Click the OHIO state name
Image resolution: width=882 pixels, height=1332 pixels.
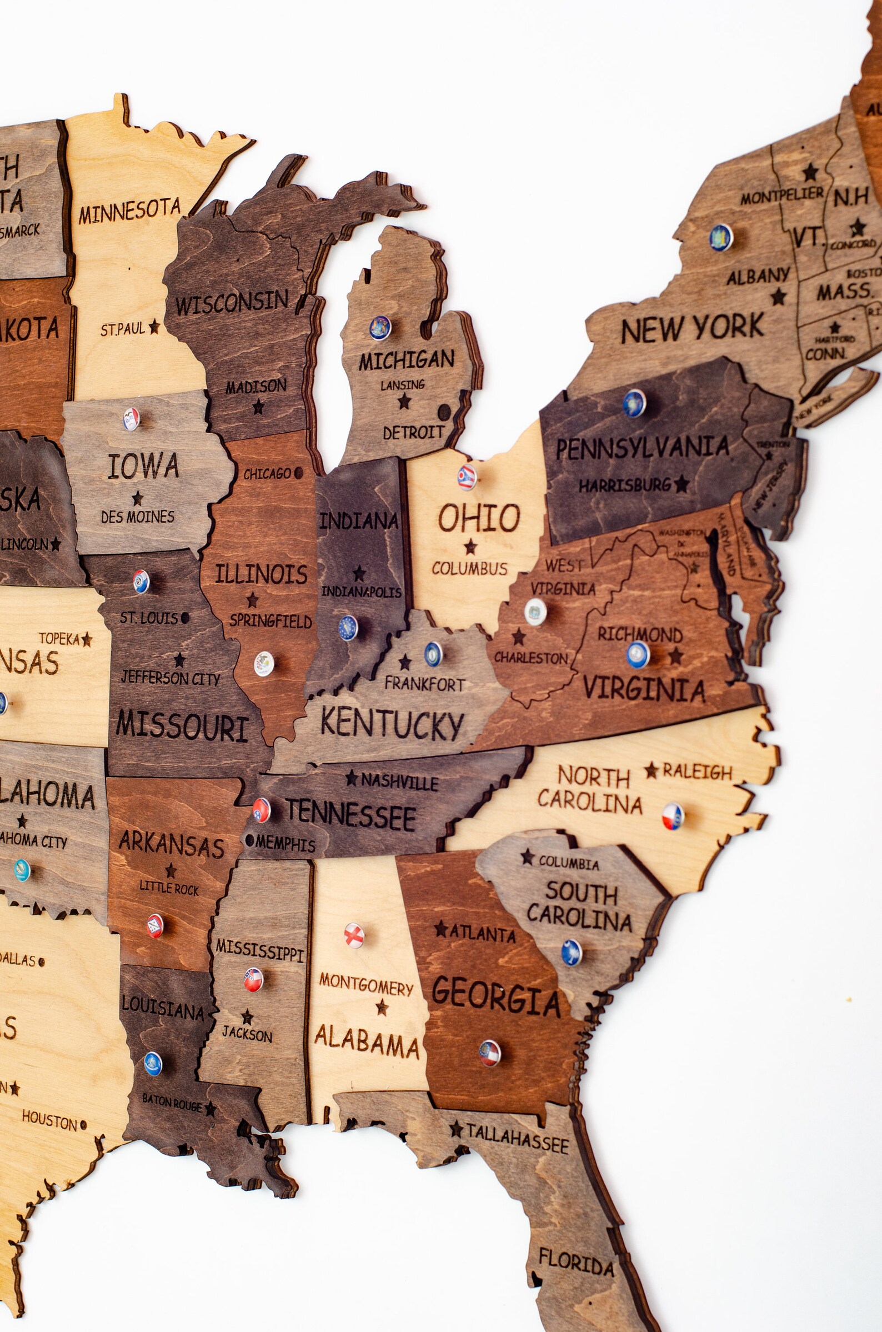[479, 518]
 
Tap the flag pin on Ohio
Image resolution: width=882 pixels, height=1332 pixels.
[467, 477]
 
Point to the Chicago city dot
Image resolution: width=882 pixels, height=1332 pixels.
[298, 473]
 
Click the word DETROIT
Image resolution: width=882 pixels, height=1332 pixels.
[413, 433]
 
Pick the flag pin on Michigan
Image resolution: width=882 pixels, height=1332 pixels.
[380, 327]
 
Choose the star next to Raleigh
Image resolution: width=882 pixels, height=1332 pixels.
[652, 770]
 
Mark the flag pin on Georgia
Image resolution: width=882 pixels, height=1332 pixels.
[489, 1053]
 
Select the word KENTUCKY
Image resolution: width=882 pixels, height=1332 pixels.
[392, 724]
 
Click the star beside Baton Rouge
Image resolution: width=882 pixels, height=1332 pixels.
[211, 1109]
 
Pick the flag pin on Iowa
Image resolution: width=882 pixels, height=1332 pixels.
[131, 419]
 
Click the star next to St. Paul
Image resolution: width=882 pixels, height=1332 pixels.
[154, 327]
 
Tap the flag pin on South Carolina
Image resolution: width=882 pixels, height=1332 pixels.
[571, 952]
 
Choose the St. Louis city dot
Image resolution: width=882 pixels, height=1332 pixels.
[185, 618]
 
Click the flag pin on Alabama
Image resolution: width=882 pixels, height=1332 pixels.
[354, 935]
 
